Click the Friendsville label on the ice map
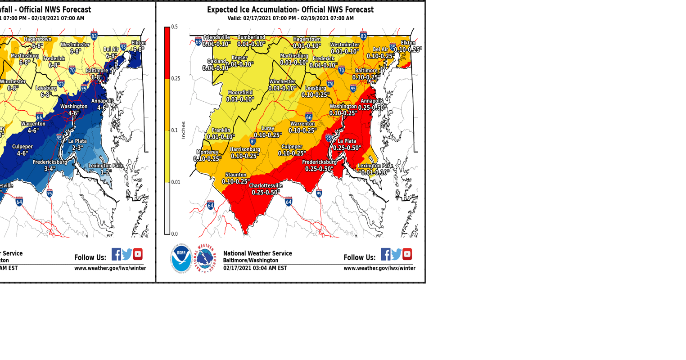(217, 37)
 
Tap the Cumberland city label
(251, 37)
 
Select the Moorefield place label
(240, 93)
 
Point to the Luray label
(267, 129)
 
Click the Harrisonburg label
(245, 149)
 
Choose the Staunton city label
(235, 175)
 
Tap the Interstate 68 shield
(198, 42)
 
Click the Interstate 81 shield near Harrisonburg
(253, 141)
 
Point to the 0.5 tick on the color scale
(175, 27)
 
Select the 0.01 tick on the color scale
(176, 182)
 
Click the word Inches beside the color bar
(183, 130)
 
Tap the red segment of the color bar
(167, 52)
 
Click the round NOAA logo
(181, 258)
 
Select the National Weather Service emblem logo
(205, 258)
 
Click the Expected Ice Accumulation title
(290, 10)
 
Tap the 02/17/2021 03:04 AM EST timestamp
(255, 268)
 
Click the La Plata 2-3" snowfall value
(77, 148)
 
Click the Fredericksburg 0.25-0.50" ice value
(319, 169)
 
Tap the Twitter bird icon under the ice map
(396, 255)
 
